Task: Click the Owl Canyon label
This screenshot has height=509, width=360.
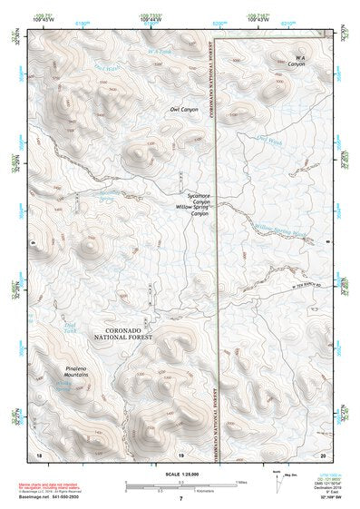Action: coord(183,110)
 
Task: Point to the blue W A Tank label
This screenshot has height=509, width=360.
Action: coord(160,52)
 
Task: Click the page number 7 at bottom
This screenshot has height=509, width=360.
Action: coord(180,498)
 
